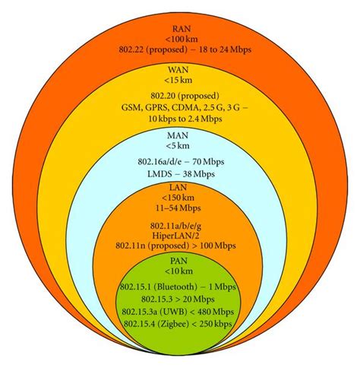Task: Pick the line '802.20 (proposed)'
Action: [181, 97]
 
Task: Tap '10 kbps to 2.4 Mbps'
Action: [181, 120]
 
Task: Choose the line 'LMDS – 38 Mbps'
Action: [181, 176]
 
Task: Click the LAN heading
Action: [181, 195]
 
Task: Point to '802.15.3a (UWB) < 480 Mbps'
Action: [181, 313]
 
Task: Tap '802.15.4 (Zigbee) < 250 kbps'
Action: [181, 325]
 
